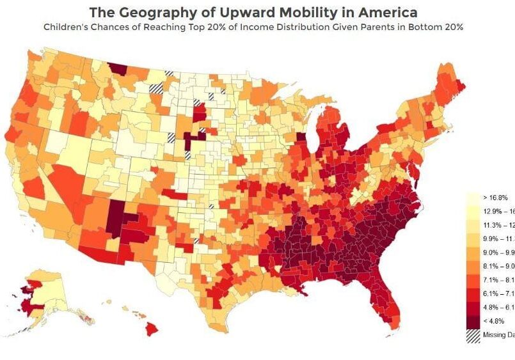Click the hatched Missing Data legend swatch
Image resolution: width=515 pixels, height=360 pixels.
pos(473,334)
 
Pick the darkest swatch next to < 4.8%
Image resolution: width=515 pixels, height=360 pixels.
pos(473,321)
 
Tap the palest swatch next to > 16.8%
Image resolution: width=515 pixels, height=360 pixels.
pos(473,198)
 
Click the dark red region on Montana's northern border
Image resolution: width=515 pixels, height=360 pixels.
pos(117,68)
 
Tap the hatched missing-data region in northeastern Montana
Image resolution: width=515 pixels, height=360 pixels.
pos(156,89)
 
